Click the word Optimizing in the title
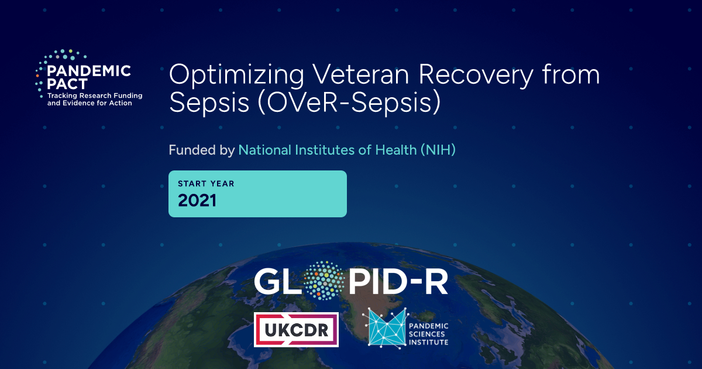(x=236, y=76)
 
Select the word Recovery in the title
(x=476, y=76)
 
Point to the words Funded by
(x=201, y=150)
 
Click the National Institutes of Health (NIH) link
(x=347, y=150)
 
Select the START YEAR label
(x=206, y=183)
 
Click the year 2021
(x=197, y=200)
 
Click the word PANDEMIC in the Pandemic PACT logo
(x=89, y=71)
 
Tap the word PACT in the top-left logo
(x=67, y=84)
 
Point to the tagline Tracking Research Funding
(x=95, y=95)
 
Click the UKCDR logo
(x=296, y=329)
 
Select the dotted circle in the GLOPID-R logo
(x=324, y=281)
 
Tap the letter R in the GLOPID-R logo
(x=438, y=282)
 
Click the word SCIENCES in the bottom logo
(x=427, y=334)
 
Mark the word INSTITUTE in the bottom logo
(x=428, y=342)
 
